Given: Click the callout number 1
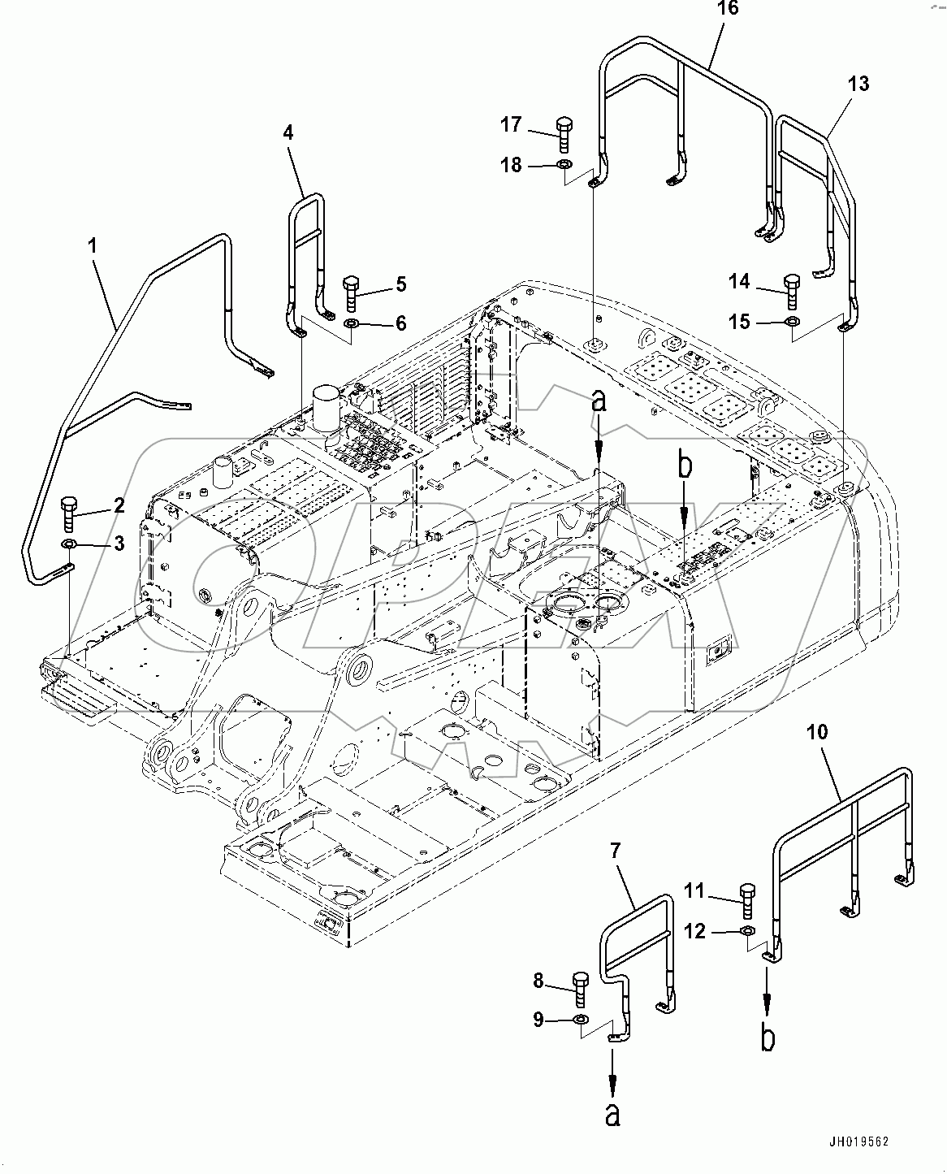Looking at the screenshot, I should [x=93, y=245].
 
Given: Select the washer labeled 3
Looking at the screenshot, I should [x=69, y=544].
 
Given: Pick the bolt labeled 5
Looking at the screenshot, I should [x=351, y=293].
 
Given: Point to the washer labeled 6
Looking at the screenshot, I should [x=352, y=325].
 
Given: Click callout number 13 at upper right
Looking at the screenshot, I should [x=858, y=84].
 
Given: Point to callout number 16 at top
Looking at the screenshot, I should [x=728, y=9].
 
